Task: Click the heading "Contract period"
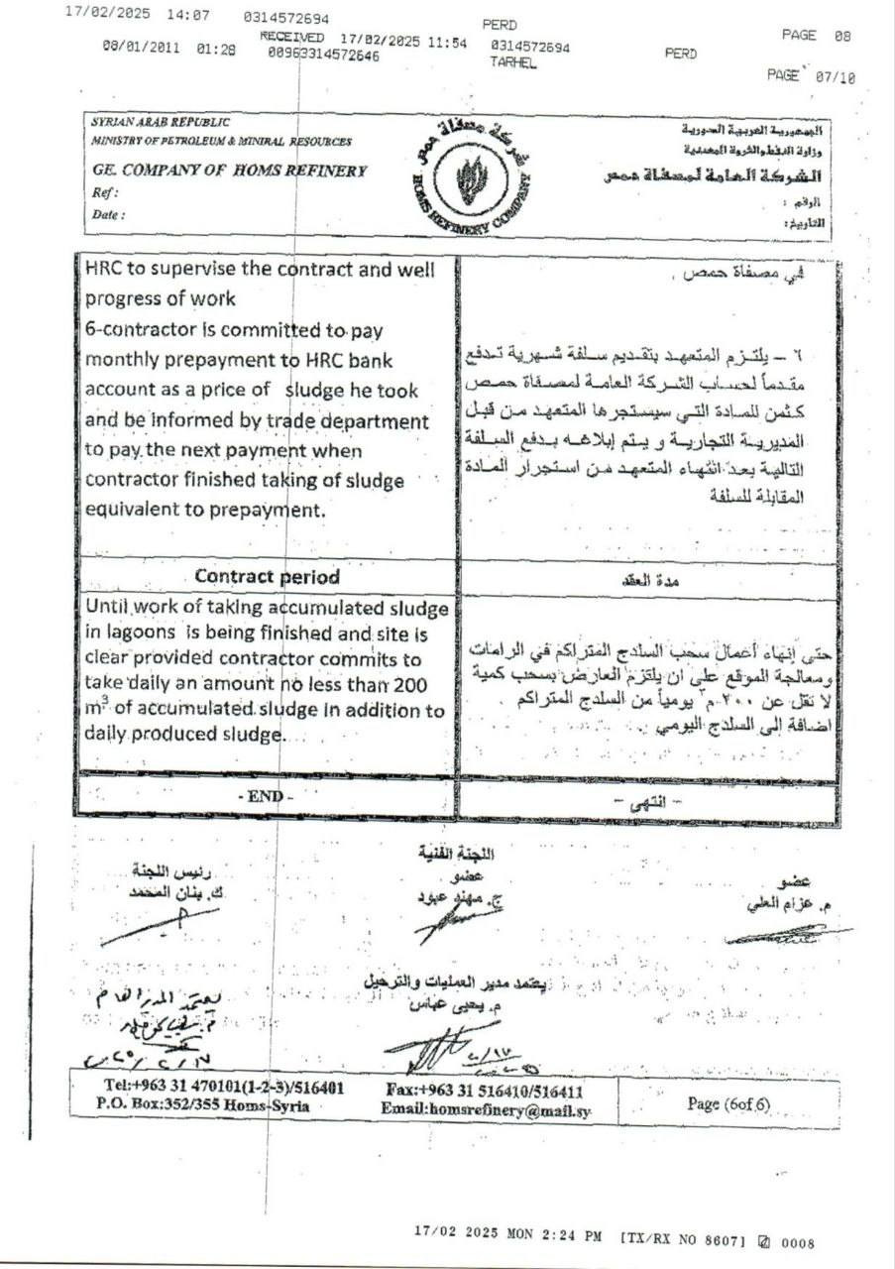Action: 268,576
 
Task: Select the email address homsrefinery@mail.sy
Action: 485,1110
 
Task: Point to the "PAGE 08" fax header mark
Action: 816,36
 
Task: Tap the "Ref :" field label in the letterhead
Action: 104,192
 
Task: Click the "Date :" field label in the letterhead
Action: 108,213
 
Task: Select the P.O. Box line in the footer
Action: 203,1104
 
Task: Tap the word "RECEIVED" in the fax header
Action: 292,36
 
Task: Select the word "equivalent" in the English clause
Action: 131,511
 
